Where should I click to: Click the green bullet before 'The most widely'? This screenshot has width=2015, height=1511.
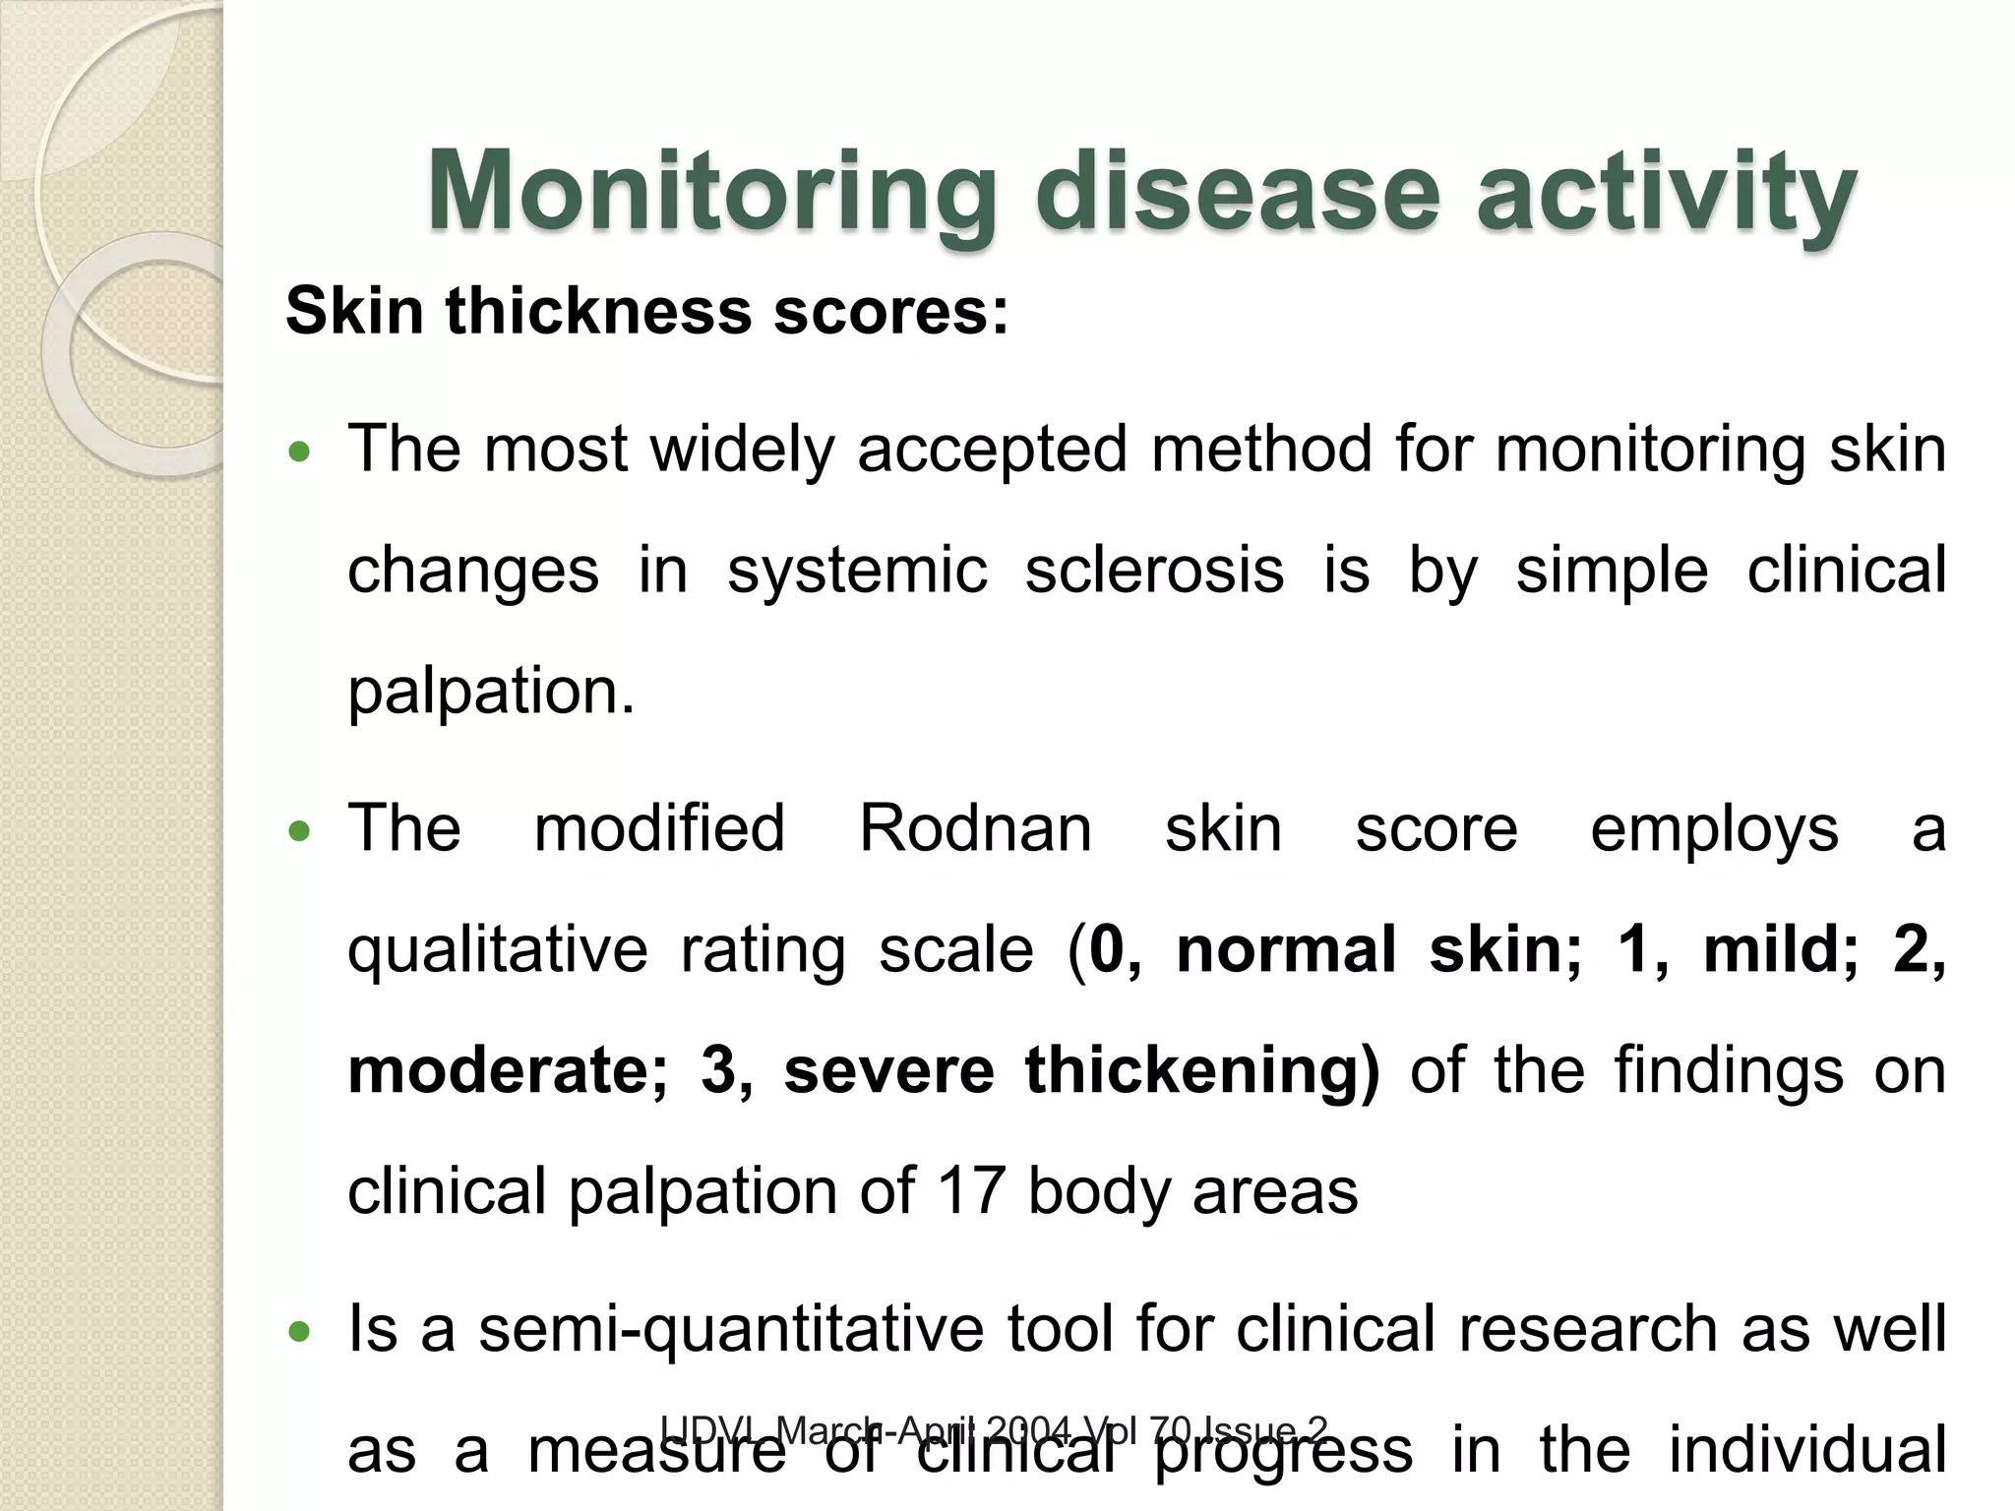[299, 453]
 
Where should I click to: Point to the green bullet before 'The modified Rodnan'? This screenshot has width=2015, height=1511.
[299, 832]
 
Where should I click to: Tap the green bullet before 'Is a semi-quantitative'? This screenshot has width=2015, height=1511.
[299, 1333]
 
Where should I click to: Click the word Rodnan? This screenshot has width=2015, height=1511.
[975, 829]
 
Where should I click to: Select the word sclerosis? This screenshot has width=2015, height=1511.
[1154, 571]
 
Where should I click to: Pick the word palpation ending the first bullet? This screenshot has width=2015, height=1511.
[490, 692]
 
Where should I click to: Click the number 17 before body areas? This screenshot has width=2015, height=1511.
[970, 1192]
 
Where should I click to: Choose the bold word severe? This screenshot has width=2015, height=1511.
[888, 1071]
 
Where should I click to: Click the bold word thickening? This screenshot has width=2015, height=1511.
[1201, 1071]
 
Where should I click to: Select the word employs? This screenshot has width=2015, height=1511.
[1714, 829]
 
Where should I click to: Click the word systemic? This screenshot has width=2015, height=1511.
[857, 571]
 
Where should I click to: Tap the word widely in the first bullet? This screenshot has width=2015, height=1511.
[742, 451]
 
